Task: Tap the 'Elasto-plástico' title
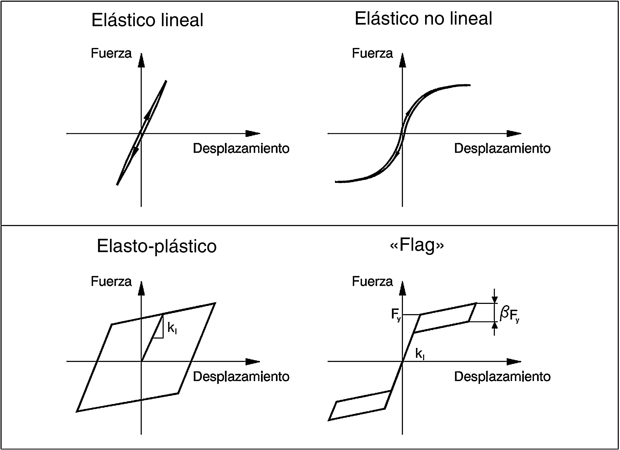(x=157, y=246)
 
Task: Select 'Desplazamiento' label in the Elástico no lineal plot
(x=502, y=148)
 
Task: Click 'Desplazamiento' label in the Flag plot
(x=502, y=377)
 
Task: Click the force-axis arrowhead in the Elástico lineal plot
(x=141, y=61)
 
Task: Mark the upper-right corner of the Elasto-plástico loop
(x=215, y=303)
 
